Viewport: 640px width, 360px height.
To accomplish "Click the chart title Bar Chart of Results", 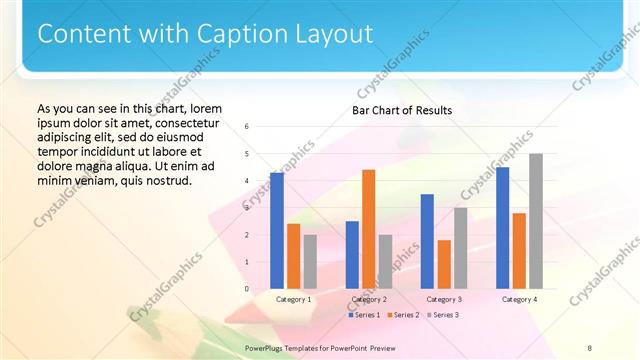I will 402,110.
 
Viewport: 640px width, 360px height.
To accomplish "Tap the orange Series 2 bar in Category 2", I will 368,229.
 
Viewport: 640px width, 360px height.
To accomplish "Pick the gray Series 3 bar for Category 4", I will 536,221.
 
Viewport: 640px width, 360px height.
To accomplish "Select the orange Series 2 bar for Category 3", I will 444,264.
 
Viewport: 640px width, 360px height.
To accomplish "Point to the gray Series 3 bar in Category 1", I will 310,261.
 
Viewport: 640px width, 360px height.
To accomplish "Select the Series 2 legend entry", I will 402,315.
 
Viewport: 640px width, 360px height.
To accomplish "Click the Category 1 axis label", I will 294,299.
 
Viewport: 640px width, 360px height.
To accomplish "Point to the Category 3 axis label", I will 444,299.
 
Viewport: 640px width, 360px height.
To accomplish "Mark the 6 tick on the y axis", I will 247,127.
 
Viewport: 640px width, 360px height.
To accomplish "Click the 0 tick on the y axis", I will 247,289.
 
